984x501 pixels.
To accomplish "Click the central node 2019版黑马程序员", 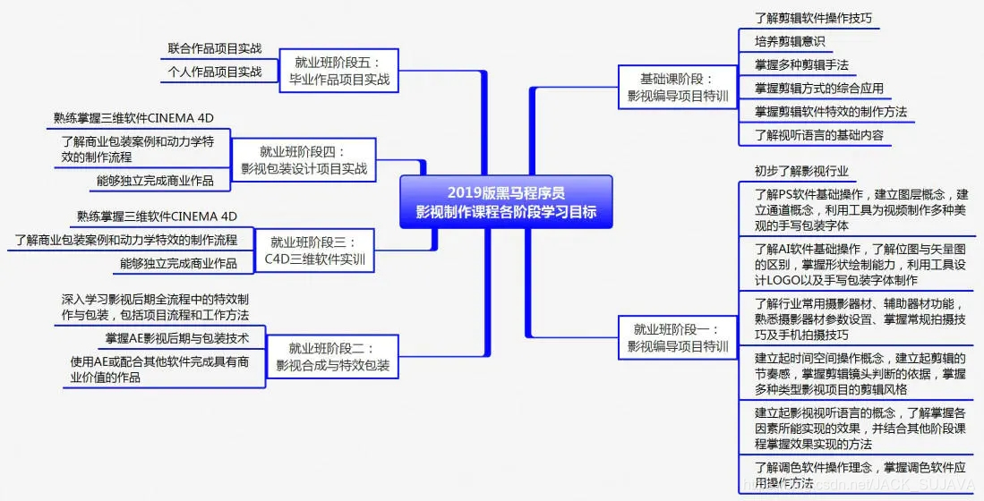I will [506, 203].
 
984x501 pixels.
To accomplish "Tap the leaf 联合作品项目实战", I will [215, 48].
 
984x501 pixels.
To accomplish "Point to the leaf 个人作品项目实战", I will [215, 72].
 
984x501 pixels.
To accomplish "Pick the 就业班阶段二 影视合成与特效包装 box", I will [332, 356].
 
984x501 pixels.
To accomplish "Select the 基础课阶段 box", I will [678, 86].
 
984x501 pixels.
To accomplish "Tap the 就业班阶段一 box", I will [678, 337].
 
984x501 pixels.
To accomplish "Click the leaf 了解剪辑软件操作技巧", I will [813, 18].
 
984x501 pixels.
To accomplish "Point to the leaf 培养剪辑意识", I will [789, 41].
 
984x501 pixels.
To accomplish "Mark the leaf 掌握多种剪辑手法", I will [801, 64].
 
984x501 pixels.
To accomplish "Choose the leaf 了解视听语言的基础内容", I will [818, 135].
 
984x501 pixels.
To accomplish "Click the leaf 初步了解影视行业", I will [801, 171].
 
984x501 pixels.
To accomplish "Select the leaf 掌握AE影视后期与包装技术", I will [184, 338].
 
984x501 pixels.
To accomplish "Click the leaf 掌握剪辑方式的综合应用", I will [818, 88].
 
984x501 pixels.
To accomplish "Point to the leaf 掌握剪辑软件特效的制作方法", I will [830, 112].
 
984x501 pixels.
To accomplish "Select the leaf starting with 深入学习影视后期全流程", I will [155, 306].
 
